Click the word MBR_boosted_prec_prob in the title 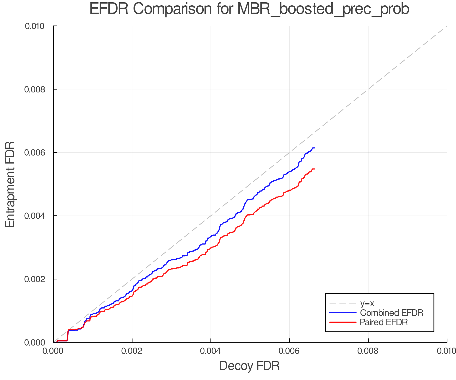323,10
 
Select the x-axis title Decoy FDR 249,366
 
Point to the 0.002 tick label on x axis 132,351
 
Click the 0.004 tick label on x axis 211,351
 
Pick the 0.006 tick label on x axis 289,351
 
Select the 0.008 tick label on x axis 368,351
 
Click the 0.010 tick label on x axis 446,351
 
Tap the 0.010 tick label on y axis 35,26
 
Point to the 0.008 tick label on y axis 35,89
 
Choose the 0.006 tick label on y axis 35,153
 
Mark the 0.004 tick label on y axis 35,216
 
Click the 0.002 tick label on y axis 35,279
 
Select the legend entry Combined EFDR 391,313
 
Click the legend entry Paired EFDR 384,322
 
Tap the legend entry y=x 367,303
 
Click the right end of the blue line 314,148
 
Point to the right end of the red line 314,169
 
